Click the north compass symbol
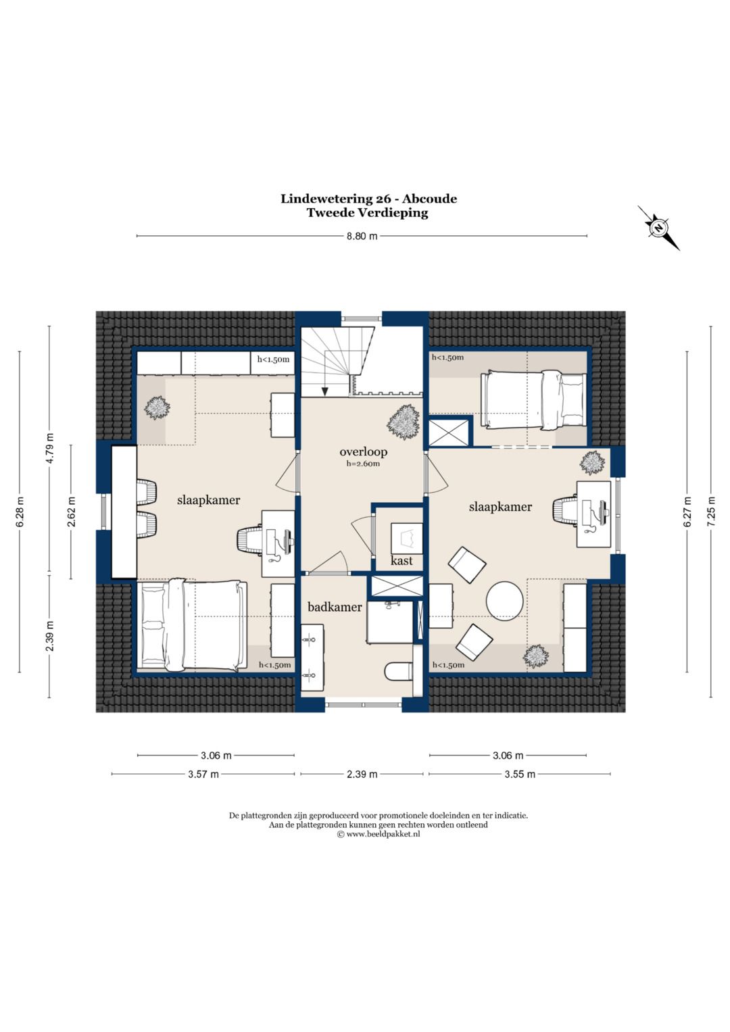(658, 228)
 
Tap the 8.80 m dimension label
(362, 237)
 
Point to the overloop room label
(363, 451)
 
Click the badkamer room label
(335, 607)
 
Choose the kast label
(401, 561)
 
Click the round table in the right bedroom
(505, 601)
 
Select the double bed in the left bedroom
(192, 625)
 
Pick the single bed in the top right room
(533, 399)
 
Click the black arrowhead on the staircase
(325, 391)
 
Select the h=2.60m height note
(363, 464)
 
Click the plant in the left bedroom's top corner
(157, 408)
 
